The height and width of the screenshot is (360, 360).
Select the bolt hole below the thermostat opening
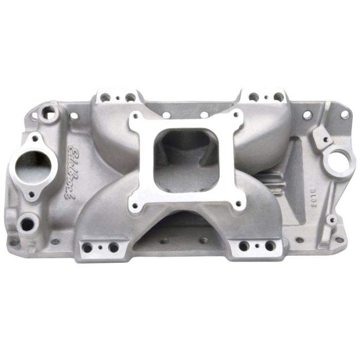coord(31,195)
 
